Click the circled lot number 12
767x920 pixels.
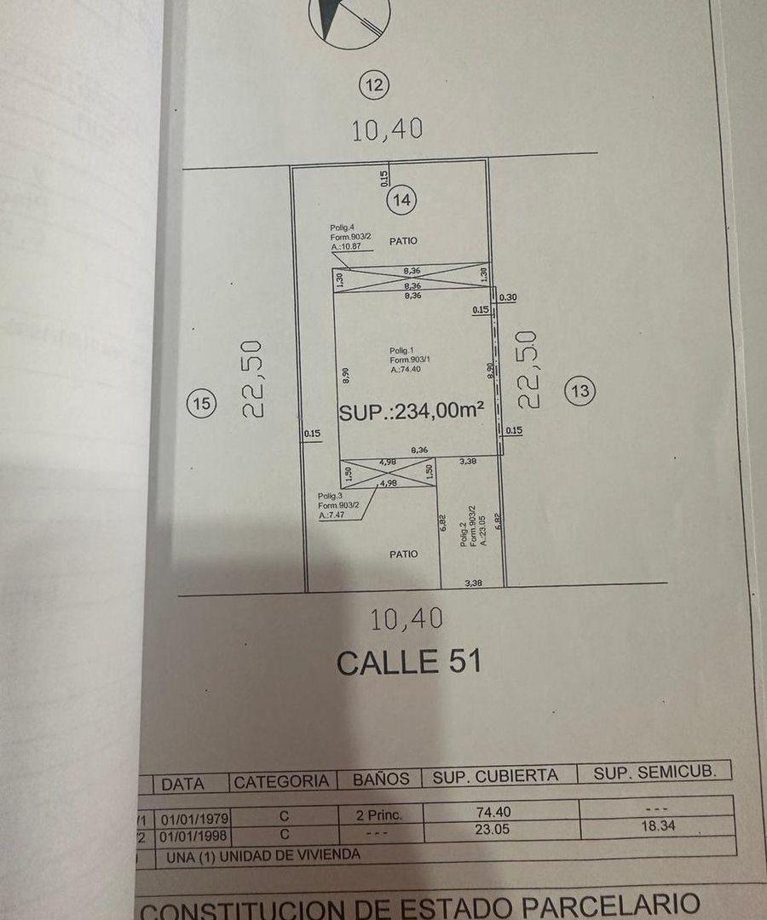tap(375, 84)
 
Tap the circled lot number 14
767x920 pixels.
tap(402, 201)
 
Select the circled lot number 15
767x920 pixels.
tap(201, 404)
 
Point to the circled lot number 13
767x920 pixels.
tap(581, 391)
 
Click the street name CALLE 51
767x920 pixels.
tap(408, 662)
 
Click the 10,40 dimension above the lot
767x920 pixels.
tap(388, 129)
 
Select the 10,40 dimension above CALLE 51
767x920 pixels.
tap(407, 619)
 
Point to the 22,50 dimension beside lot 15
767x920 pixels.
tap(257, 378)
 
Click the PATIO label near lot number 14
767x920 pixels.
tap(403, 241)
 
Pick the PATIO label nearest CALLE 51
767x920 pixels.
tap(403, 554)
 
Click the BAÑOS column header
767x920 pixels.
tap(381, 779)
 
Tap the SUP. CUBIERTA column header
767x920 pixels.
tap(495, 775)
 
